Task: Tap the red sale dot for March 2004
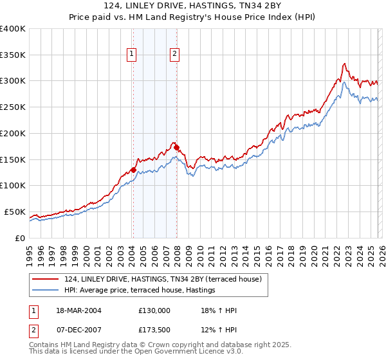tap(133, 170)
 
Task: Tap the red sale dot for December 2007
tap(176, 147)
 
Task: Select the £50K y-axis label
tap(15, 212)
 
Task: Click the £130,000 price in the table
tap(154, 310)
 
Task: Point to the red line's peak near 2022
tap(345, 64)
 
